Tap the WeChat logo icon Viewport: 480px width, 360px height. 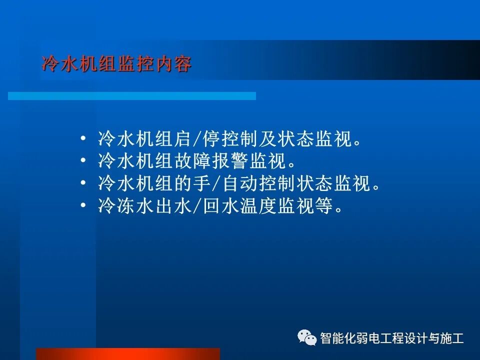307,338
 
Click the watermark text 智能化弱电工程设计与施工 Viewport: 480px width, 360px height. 391,338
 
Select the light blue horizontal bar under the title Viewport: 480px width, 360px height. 132,95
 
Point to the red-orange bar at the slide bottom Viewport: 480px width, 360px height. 127,353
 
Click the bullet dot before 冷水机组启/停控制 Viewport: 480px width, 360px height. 83,139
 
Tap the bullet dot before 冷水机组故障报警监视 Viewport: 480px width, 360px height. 83,161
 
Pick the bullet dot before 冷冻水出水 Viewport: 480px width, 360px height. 83,206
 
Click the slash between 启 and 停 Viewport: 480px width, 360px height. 197,139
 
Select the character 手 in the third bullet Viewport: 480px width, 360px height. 203,184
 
